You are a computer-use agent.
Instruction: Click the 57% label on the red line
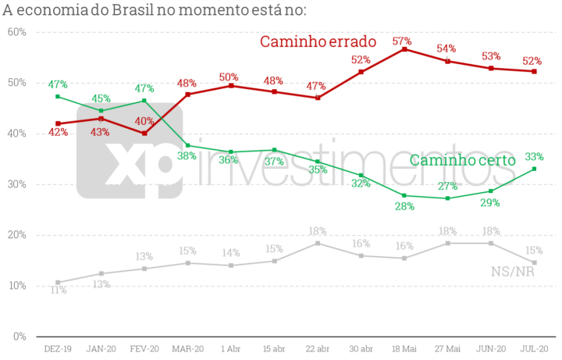pos(402,41)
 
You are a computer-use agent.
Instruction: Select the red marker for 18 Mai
pos(404,49)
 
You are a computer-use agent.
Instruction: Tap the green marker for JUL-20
pos(535,169)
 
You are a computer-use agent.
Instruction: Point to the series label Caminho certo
pos(463,160)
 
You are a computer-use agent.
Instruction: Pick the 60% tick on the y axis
pos(17,32)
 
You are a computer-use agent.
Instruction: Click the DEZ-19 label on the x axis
pos(58,350)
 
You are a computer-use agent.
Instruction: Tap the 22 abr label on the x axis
pos(318,350)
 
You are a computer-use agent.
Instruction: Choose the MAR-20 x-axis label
pos(187,350)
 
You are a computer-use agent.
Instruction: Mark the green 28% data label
pos(403,206)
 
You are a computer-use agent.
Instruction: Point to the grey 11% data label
pos(58,290)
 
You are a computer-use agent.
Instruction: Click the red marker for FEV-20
pos(144,134)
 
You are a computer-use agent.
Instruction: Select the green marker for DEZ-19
pos(58,97)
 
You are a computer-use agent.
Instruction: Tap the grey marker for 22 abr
pos(318,244)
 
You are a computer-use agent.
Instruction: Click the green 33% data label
pos(534,155)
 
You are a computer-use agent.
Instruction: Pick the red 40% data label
pos(144,121)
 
